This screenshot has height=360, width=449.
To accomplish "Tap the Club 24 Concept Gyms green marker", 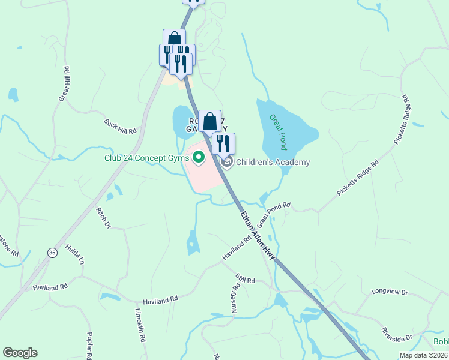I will [198, 158].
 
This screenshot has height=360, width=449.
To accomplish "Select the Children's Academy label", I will [273, 162].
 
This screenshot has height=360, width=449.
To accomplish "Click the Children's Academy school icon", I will [227, 161].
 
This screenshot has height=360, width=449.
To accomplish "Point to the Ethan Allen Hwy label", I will [258, 234].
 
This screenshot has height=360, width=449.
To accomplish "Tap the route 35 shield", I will [52, 253].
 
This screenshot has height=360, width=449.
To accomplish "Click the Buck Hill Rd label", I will [120, 126].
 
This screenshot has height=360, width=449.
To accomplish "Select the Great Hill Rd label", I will [65, 83].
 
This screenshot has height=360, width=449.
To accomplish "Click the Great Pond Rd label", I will [274, 214].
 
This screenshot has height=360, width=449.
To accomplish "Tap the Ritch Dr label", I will [104, 218].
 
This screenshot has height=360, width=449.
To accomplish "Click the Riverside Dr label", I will [397, 334].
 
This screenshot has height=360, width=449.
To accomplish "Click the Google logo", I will [20, 353].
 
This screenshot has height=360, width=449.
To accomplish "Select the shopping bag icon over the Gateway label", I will [209, 121].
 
